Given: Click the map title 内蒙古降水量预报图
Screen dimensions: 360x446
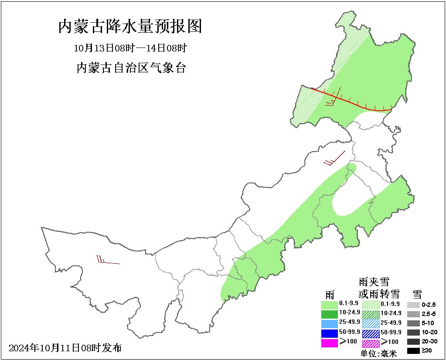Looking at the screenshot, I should click(130, 27).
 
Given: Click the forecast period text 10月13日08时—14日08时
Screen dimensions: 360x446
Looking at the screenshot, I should click(130, 48).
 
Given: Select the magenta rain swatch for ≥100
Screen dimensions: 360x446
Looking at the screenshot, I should click(329, 343).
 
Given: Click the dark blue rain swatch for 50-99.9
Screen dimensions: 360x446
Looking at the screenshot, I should click(329, 333).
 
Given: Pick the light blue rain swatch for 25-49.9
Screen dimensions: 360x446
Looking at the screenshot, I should click(329, 323).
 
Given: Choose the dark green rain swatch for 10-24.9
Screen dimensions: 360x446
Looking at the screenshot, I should click(329, 313).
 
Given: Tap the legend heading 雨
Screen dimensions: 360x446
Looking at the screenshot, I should click(330, 294).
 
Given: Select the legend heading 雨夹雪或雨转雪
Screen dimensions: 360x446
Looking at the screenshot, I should click(373, 288).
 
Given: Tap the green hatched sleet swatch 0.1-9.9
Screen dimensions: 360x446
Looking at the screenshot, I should click(371, 304).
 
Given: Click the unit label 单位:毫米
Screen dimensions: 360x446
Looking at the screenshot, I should click(378, 354).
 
